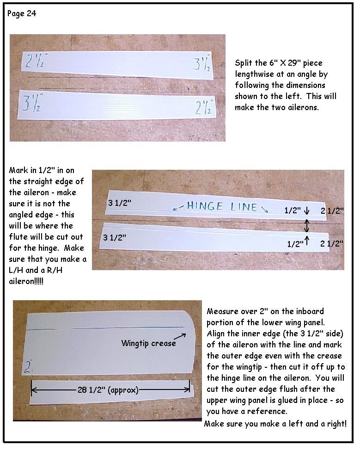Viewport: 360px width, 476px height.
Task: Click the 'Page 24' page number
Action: coord(22,14)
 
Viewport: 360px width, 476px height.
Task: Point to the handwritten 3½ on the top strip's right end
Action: coord(202,64)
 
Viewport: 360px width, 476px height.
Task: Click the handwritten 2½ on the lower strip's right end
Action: coord(204,107)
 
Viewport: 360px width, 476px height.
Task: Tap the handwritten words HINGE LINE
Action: coord(222,206)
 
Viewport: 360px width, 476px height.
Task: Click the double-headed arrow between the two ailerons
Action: coord(306,226)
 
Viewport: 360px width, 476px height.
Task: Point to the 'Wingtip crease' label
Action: coord(149,343)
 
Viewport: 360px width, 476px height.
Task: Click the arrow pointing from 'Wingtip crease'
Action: coord(180,336)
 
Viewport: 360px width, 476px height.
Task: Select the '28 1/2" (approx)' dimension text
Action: coord(108,390)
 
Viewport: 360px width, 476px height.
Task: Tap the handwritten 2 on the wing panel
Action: coord(28,367)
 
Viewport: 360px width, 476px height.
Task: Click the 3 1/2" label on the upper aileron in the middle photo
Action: coord(120,203)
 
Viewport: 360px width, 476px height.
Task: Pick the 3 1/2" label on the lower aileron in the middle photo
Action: coord(115,237)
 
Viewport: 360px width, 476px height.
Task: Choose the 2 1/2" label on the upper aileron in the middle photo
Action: coord(332,210)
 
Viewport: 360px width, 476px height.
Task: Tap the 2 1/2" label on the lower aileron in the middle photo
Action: coord(332,243)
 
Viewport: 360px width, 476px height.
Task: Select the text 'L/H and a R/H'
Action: coord(36,270)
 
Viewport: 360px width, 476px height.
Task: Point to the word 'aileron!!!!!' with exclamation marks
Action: coord(26,281)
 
